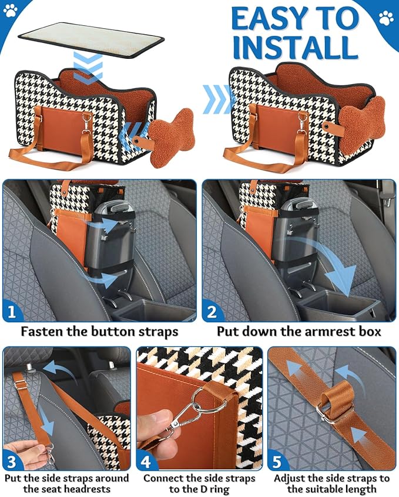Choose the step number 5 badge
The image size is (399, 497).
pyautogui.click(x=279, y=459)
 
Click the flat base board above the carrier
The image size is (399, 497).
pyautogui.click(x=90, y=36)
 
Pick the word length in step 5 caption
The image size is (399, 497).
pyautogui.click(x=365, y=489)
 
